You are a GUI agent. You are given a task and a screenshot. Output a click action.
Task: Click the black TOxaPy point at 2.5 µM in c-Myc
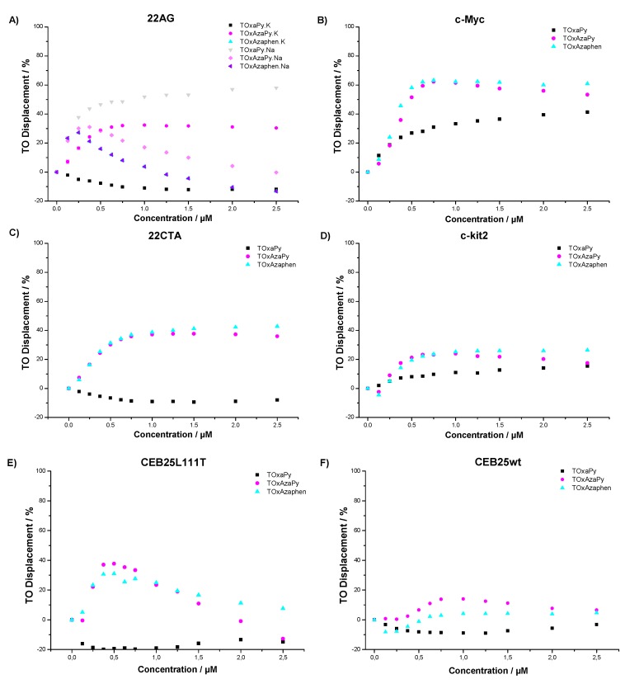(587, 112)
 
